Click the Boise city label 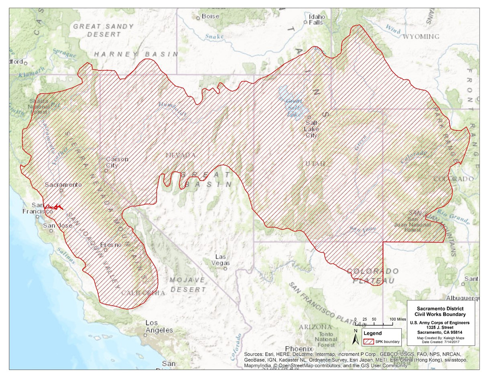tap(210, 16)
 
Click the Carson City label tap(117, 162)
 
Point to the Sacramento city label tap(63, 185)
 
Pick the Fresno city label tap(108, 245)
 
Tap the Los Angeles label tap(159, 326)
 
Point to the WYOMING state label tap(421, 36)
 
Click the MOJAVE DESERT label tap(188, 284)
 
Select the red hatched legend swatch tap(368, 342)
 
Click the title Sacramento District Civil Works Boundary tap(441, 311)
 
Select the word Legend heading tap(372, 333)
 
